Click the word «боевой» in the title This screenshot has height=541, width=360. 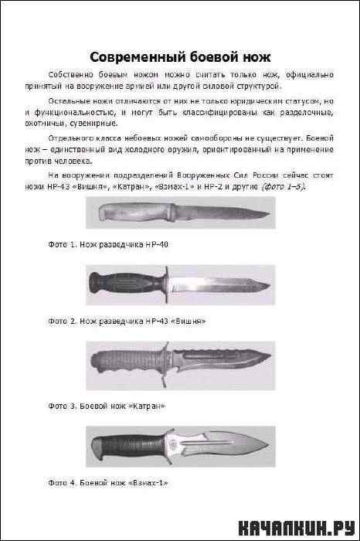213,57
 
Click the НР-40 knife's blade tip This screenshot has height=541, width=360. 270,213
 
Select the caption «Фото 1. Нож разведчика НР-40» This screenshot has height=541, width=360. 108,245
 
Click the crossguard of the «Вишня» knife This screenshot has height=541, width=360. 167,284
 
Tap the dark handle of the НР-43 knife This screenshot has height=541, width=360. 127,284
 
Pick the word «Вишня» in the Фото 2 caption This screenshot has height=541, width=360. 190,322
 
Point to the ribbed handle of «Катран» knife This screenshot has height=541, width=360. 127,361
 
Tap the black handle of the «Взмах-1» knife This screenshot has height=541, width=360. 128,447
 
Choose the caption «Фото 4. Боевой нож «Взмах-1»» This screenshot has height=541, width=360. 108,483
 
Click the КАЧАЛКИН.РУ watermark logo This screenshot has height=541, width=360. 297,528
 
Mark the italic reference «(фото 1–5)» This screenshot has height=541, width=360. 284,187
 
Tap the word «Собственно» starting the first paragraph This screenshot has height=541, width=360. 71,74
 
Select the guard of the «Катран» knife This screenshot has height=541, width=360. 166,365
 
